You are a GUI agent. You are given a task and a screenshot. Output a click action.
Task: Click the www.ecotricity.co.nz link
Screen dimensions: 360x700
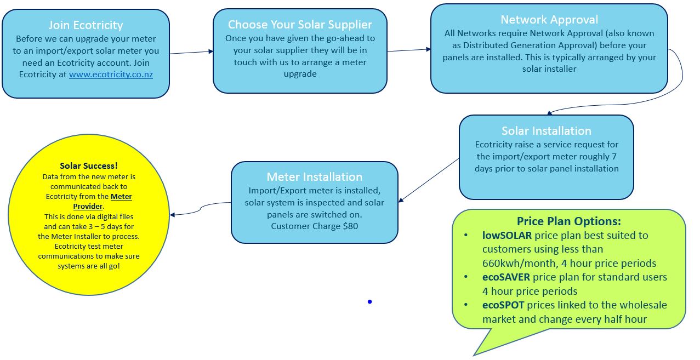(111, 75)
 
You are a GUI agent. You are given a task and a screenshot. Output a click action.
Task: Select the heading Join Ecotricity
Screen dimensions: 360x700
(86, 25)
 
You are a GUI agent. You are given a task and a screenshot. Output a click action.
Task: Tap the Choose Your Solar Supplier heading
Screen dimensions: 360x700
(300, 25)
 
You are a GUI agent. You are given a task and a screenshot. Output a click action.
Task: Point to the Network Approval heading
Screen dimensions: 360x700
(549, 20)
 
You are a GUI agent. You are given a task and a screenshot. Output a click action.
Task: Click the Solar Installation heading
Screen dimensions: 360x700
(546, 131)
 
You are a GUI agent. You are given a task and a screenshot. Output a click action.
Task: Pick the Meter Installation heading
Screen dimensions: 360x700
(314, 177)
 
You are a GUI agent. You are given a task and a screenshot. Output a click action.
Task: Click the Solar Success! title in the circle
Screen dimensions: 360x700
(89, 165)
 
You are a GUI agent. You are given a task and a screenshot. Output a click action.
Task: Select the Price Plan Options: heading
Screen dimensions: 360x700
(568, 221)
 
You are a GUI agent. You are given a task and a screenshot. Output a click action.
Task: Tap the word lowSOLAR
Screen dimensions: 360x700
(506, 236)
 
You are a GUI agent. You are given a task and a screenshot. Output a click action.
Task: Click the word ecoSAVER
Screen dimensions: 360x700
(506, 277)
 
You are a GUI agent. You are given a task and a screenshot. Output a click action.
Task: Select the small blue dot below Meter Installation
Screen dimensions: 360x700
(370, 301)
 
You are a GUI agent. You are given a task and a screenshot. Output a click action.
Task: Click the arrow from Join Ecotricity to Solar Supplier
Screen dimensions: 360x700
(191, 53)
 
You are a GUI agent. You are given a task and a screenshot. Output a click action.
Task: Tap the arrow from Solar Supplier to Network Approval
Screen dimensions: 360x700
(408, 50)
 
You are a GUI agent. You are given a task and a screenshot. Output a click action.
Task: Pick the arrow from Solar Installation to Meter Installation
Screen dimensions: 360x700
(429, 180)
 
